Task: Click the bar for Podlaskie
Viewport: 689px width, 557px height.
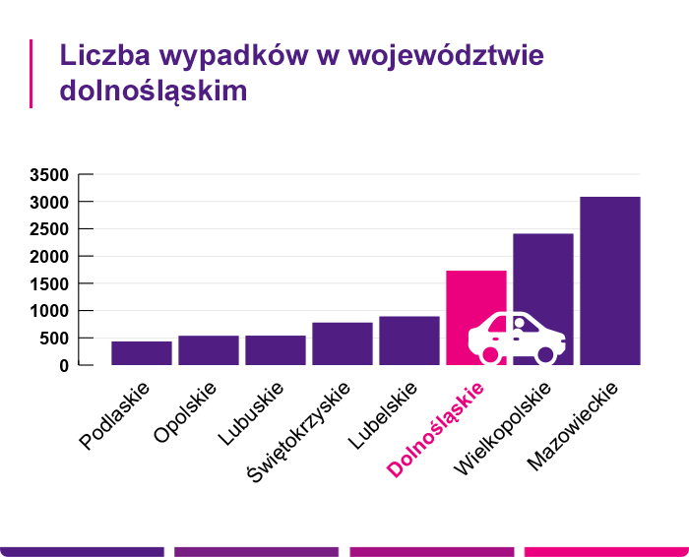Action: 142,352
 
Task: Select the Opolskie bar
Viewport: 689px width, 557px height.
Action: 209,349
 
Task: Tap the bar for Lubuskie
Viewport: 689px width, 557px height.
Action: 276,349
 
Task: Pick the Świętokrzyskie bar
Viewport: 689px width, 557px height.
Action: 343,343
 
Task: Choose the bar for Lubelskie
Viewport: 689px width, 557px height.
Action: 409,340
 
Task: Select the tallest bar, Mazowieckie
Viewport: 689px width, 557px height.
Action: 610,280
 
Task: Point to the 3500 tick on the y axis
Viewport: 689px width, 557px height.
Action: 49,175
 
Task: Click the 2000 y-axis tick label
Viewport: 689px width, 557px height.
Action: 49,257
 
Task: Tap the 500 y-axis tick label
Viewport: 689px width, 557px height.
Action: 55,339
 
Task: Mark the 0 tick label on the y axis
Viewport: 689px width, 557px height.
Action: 64,365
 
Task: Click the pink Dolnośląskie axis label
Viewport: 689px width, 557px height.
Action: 437,431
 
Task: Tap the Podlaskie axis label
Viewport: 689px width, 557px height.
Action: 114,416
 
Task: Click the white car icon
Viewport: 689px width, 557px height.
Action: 516,337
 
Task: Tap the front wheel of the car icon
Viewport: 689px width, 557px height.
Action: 546,352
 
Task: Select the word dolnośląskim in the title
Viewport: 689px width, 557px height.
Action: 154,90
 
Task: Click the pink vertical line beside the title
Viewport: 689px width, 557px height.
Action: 31,74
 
